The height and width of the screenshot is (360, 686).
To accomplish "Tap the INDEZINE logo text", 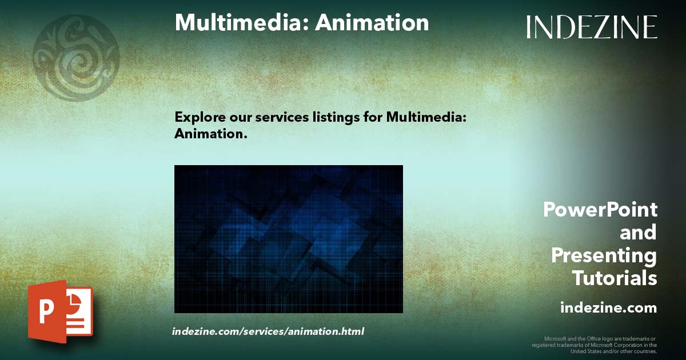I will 592,27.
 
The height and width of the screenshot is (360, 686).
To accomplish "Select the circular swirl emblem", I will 76,58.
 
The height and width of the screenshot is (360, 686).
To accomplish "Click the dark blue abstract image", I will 288,239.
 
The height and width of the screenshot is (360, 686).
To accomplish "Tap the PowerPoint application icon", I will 60,311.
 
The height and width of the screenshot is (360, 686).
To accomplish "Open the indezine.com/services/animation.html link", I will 268,331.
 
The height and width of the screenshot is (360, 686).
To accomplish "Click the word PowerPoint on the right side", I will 600,210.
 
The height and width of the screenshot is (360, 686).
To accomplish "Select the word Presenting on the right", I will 604,255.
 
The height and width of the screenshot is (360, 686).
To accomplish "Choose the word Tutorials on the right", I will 615,278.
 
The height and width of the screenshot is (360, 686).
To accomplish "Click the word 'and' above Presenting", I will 638,233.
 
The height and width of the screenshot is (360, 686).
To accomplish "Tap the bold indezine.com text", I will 608,308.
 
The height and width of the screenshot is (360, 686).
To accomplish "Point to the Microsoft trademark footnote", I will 594,345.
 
